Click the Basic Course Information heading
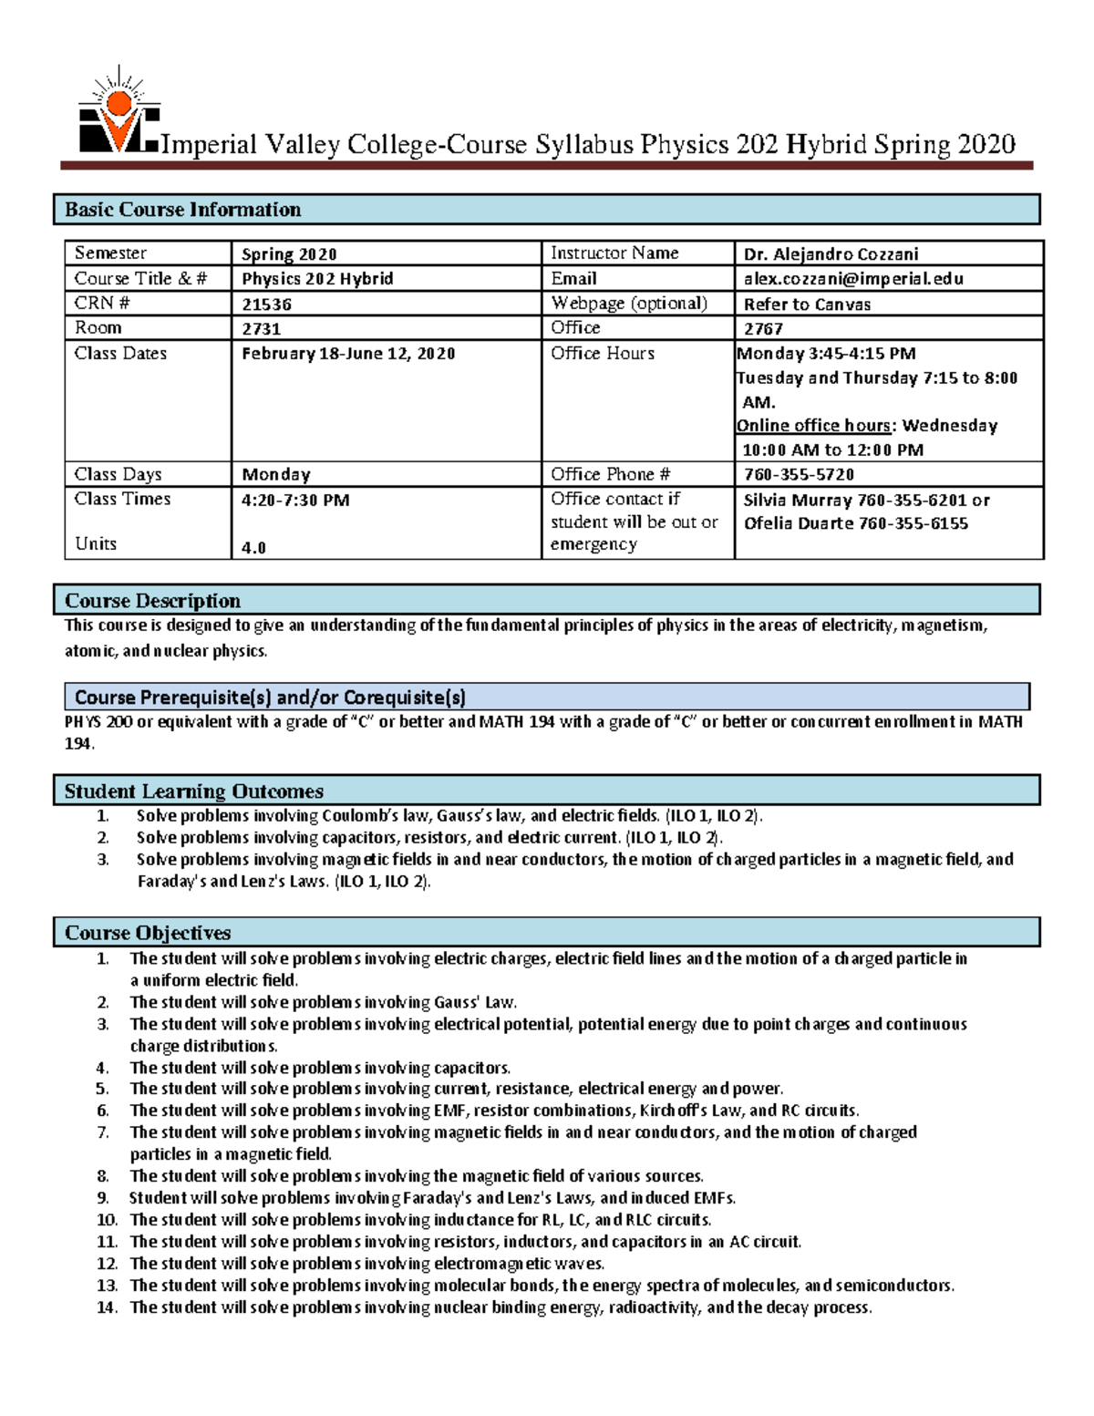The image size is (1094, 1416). click(182, 210)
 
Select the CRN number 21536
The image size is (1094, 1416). click(266, 305)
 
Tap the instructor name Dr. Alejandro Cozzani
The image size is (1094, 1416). click(831, 254)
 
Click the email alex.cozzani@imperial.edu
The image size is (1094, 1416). click(852, 279)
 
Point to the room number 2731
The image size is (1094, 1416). click(261, 329)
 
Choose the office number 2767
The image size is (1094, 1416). click(763, 329)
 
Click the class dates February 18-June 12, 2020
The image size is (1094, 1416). click(348, 354)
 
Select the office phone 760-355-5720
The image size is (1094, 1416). click(799, 475)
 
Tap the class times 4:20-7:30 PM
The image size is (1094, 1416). click(295, 501)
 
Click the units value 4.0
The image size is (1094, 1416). click(253, 548)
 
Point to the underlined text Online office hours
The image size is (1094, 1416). click(813, 426)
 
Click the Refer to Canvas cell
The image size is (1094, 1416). click(807, 305)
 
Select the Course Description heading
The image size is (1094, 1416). click(152, 601)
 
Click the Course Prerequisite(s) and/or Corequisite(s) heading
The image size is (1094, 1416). click(270, 698)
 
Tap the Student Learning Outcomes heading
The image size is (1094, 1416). click(193, 791)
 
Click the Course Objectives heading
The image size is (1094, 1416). click(148, 933)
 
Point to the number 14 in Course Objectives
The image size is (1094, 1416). click(107, 1307)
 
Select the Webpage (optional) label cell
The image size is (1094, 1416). click(629, 304)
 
